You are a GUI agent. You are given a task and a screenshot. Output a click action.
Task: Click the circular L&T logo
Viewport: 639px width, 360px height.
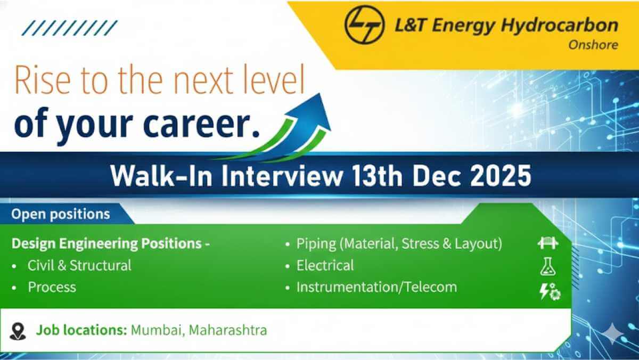[x=365, y=25]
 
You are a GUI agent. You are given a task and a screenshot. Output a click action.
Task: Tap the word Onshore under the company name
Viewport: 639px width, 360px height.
[x=593, y=45]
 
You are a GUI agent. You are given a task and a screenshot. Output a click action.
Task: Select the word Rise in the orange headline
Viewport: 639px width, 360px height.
[x=43, y=80]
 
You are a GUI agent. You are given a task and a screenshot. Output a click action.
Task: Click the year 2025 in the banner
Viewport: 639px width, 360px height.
[x=501, y=176]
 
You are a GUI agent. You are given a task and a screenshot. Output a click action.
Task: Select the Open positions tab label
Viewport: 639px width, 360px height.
[x=61, y=214]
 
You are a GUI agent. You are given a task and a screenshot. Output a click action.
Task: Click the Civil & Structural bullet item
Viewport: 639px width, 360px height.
[x=79, y=265]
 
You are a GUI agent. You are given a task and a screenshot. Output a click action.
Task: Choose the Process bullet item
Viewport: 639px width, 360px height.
[x=52, y=287]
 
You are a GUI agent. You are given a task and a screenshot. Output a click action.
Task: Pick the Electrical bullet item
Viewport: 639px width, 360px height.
[x=325, y=265]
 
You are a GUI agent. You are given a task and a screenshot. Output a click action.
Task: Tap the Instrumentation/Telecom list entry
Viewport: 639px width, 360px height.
[x=376, y=287]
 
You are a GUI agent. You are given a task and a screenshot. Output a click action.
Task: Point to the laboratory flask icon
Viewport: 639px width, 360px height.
[x=548, y=266]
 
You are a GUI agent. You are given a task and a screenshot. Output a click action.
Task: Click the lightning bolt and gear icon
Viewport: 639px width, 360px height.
[x=550, y=291]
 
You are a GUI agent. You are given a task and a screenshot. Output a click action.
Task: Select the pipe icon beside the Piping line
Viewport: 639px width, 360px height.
[x=548, y=243]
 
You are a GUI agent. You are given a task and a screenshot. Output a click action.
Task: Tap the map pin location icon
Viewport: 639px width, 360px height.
[x=18, y=331]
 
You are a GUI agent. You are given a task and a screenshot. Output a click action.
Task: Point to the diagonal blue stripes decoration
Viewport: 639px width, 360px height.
[x=70, y=28]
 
